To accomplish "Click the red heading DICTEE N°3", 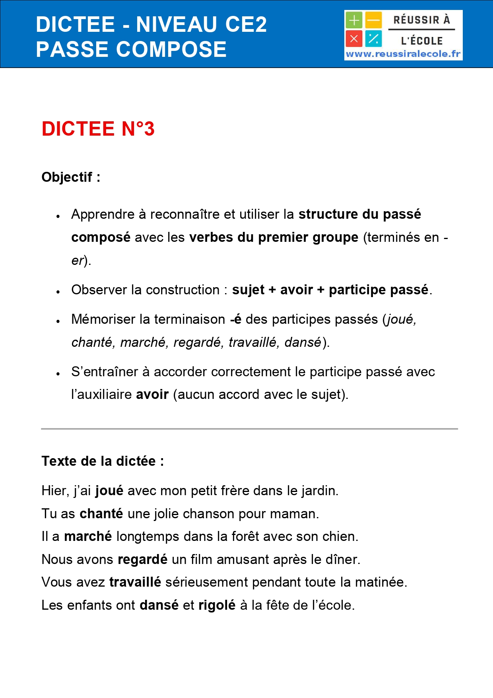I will [98, 129].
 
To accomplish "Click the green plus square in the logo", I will [353, 20].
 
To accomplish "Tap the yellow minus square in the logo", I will [373, 20].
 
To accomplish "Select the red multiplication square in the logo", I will [353, 39].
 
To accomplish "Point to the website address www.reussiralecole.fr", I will [403, 54].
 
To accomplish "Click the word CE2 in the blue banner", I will [246, 24].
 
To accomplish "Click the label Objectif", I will [67, 177].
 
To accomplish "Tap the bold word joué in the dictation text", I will [109, 491].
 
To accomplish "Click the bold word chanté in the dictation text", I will [101, 513].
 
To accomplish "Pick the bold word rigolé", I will [217, 605].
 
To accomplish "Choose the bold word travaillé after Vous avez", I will [135, 582].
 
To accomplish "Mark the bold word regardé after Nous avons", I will [143, 559].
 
